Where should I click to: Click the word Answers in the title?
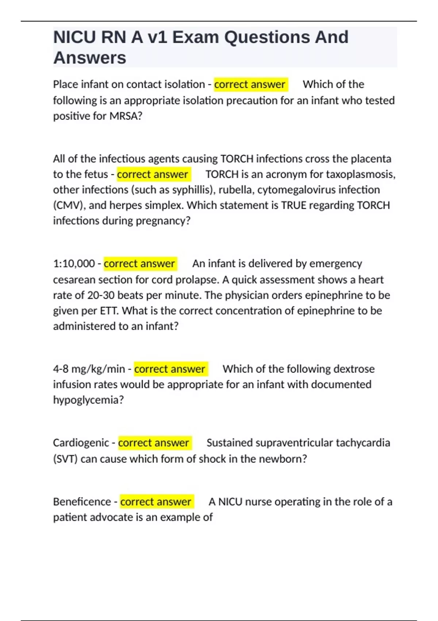90,58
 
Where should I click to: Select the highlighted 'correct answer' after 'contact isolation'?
250,84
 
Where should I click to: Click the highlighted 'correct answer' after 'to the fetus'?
153,174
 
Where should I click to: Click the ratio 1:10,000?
74,264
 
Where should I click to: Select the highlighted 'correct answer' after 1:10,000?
140,264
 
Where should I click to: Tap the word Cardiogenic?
81,443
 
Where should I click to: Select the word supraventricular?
294,443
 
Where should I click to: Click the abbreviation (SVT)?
65,459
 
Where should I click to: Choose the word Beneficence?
82,502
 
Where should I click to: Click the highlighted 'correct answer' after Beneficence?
156,502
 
